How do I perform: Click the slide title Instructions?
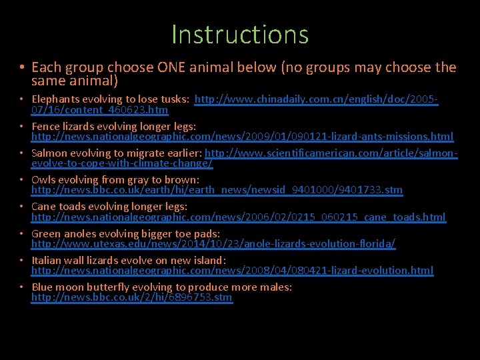[x=240, y=34]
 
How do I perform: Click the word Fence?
[x=45, y=126]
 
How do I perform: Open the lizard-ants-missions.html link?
[x=242, y=137]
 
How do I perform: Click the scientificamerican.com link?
[x=330, y=153]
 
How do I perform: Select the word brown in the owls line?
[x=183, y=180]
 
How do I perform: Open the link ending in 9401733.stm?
[x=217, y=191]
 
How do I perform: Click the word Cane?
[x=44, y=207]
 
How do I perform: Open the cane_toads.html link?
[x=238, y=217]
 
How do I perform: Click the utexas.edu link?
[x=213, y=245]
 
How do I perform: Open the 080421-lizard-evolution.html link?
[x=232, y=271]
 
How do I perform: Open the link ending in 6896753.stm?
[x=131, y=298]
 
